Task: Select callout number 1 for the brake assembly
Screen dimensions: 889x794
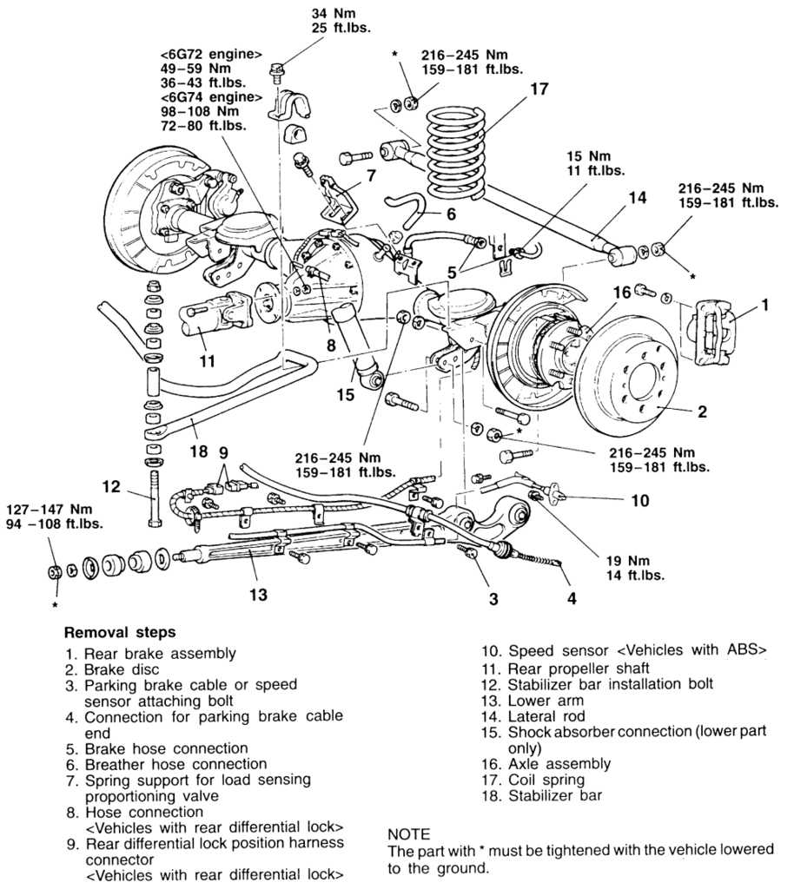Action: pyautogui.click(x=764, y=305)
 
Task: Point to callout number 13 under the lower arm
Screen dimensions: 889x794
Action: pyautogui.click(x=257, y=595)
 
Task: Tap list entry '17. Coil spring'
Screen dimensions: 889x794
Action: pyautogui.click(x=542, y=779)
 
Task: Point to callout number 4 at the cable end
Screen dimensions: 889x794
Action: pyautogui.click(x=571, y=597)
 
